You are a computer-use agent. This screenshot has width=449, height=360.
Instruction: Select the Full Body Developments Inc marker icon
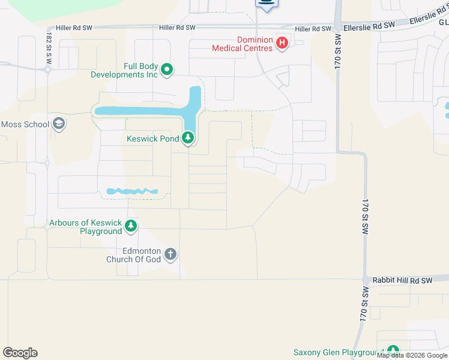pyautogui.click(x=166, y=70)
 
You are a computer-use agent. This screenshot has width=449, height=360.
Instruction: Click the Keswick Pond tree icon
pyautogui.click(x=188, y=139)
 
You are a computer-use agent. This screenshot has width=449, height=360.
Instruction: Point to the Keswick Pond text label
pyautogui.click(x=152, y=139)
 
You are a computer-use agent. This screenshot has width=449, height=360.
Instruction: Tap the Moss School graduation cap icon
pyautogui.click(x=59, y=124)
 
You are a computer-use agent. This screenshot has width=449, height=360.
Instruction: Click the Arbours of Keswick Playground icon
pyautogui.click(x=131, y=227)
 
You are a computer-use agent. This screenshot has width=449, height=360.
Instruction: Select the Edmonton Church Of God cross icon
pyautogui.click(x=170, y=254)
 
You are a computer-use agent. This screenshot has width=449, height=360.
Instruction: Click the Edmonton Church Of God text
pyautogui.click(x=133, y=255)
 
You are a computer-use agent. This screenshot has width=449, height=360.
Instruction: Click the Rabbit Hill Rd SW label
pyautogui.click(x=402, y=280)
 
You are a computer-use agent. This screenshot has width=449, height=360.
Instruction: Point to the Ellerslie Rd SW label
pyautogui.click(x=370, y=25)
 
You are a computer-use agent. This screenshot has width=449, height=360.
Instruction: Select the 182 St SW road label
pyautogui.click(x=49, y=46)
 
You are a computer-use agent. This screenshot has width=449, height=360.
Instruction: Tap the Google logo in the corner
pyautogui.click(x=20, y=353)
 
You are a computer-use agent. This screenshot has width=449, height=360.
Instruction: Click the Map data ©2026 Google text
pyautogui.click(x=412, y=356)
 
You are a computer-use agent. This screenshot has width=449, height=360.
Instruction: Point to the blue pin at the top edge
pyautogui.click(x=267, y=4)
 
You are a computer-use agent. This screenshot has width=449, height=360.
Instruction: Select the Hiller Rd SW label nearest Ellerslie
pyautogui.click(x=313, y=29)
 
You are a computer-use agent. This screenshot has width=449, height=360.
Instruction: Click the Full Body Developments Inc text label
pyautogui.click(x=124, y=70)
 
